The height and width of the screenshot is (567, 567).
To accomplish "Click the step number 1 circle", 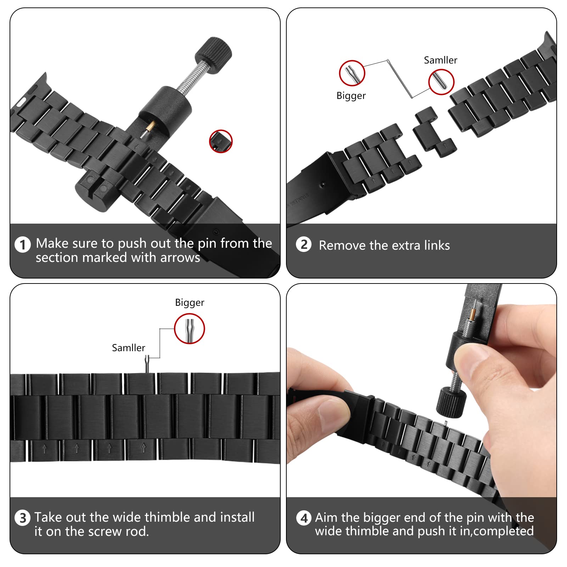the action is click(23, 245).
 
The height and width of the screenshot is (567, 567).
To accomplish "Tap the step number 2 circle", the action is click(304, 245).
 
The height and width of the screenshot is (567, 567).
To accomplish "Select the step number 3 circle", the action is click(23, 518).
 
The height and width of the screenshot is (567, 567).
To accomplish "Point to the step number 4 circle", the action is click(304, 518).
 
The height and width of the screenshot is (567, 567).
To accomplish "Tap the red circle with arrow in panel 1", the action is click(221, 141).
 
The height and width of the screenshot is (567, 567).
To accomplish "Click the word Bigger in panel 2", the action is click(351, 96).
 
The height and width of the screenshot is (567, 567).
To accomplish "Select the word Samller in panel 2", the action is click(440, 60).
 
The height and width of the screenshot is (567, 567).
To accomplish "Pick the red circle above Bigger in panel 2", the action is click(352, 73).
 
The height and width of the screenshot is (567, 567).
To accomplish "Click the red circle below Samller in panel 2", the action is click(441, 82).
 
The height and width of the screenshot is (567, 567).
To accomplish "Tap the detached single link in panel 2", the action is click(434, 132).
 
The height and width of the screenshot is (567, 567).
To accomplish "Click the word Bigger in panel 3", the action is click(190, 303).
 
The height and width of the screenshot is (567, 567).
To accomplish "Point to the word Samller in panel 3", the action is click(128, 348).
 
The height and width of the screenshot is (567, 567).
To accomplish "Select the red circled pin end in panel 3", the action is click(190, 329).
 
